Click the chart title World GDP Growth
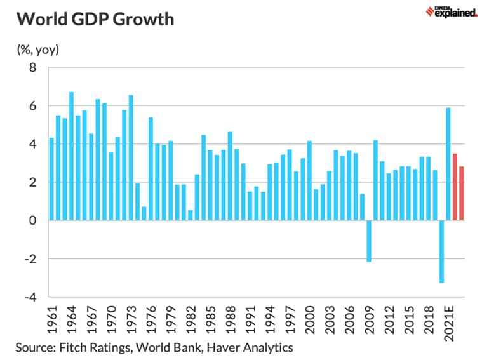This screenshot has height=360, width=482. coord(95,19)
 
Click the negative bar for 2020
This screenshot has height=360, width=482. coord(442,251)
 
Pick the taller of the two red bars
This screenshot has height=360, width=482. coord(455,187)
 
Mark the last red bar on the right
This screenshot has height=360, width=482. coord(462,193)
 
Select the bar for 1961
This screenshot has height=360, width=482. coord(51,179)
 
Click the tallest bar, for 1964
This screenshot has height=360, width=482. coord(71,156)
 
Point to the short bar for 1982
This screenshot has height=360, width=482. coord(191,215)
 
